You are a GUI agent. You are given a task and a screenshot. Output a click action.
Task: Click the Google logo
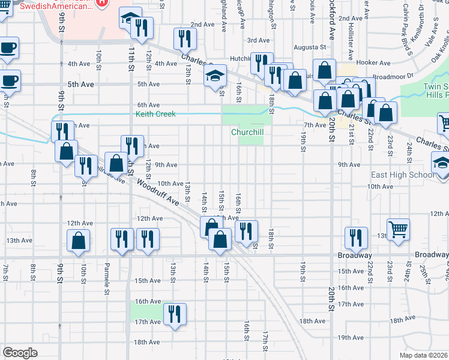[x=20, y=353]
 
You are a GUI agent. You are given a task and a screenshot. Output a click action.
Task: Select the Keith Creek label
[x=155, y=113]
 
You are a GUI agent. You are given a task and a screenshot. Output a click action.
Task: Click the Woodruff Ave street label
[x=158, y=191]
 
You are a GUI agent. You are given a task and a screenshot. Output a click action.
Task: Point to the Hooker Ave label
[x=373, y=62]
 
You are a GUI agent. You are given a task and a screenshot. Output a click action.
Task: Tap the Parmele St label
[x=107, y=274]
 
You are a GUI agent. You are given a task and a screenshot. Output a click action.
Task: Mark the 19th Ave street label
[x=351, y=337]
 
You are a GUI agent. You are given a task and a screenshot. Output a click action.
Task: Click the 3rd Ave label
[x=258, y=40]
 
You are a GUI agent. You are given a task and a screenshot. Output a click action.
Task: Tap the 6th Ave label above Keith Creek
[x=148, y=105]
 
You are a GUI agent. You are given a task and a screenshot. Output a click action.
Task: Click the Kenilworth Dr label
[x=421, y=22]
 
